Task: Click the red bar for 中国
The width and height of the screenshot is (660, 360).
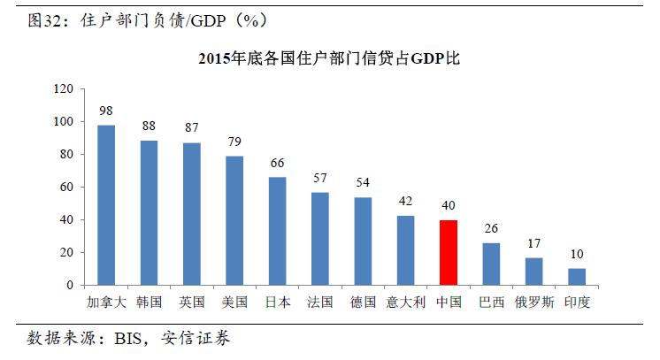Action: [449, 252]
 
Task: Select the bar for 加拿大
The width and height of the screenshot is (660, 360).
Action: [106, 205]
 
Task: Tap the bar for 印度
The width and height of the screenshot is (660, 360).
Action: [577, 277]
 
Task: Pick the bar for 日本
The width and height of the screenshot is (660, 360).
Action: [278, 231]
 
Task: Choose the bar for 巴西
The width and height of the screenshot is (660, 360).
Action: [491, 264]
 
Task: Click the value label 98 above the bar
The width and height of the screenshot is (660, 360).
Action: [106, 111]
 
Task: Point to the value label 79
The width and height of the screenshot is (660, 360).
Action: [234, 142]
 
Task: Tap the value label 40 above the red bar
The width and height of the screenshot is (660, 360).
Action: [449, 205]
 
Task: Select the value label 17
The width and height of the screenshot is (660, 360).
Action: [534, 243]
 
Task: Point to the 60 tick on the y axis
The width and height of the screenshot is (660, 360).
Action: [65, 188]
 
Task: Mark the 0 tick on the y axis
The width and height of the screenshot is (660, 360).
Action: [69, 286]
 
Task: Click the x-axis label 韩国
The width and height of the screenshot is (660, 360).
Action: [149, 302]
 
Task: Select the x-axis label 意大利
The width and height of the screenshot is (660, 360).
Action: [405, 302]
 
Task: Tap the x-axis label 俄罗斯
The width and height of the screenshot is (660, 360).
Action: [533, 302]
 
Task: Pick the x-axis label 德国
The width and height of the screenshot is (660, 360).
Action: [363, 302]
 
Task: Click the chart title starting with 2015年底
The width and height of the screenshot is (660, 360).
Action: [329, 59]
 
